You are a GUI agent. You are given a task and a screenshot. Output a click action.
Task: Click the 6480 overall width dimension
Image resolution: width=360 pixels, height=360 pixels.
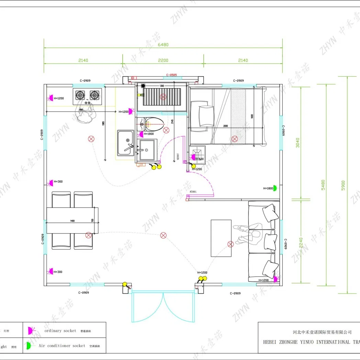pyautogui.click(x=163, y=45)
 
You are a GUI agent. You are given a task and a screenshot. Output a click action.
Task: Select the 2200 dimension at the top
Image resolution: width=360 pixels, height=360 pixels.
pyautogui.click(x=163, y=60)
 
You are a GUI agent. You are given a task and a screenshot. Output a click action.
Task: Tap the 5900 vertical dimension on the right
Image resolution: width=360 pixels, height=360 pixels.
pyautogui.click(x=343, y=186)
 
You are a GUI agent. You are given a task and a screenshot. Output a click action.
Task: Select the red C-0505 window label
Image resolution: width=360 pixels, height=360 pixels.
pyautogui.click(x=171, y=75)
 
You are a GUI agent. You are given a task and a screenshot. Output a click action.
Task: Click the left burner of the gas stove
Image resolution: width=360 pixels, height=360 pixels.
pyautogui.click(x=80, y=94)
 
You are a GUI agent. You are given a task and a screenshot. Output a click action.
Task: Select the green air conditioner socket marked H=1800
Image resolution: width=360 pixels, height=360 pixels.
pyautogui.click(x=274, y=188)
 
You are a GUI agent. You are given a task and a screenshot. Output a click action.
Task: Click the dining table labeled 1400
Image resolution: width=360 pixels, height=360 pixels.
pyautogui.click(x=72, y=220)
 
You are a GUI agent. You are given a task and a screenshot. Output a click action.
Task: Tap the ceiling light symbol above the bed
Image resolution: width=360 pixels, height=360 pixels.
pyautogui.click(x=235, y=139)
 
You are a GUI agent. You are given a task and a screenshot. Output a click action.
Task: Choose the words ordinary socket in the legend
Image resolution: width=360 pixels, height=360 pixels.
pyautogui.click(x=60, y=331)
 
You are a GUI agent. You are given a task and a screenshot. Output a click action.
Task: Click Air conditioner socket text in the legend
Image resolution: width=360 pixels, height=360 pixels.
pyautogui.click(x=62, y=346)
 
